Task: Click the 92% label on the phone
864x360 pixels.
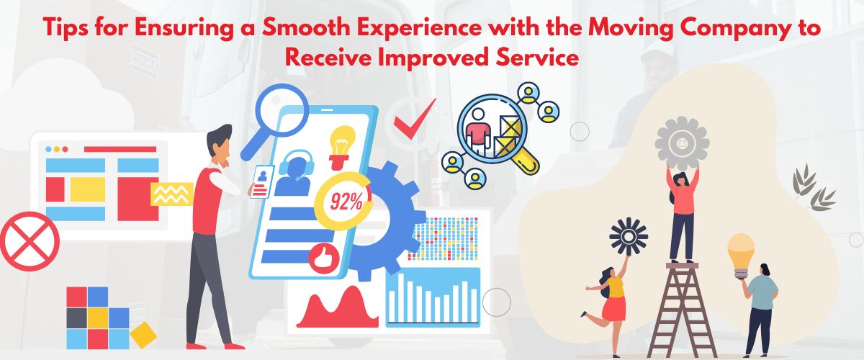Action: (x=346, y=202)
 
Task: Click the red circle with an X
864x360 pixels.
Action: (x=30, y=241)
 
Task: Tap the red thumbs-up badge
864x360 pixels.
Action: (x=323, y=258)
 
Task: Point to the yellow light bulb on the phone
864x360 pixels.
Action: (x=341, y=147)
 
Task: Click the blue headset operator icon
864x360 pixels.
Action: (x=294, y=173)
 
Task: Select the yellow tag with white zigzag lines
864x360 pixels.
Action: (x=171, y=194)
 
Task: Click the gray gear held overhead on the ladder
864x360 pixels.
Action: (x=682, y=143)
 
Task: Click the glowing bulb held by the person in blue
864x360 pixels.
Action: (x=741, y=256)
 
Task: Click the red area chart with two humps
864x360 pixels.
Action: (x=337, y=310)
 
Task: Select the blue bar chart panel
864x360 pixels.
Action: (x=433, y=297)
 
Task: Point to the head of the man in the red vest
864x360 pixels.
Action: (x=220, y=142)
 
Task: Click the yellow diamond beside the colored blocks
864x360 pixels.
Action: (x=143, y=335)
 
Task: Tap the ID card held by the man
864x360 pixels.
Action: (x=262, y=181)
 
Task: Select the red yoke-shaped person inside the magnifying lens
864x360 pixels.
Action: (x=477, y=133)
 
